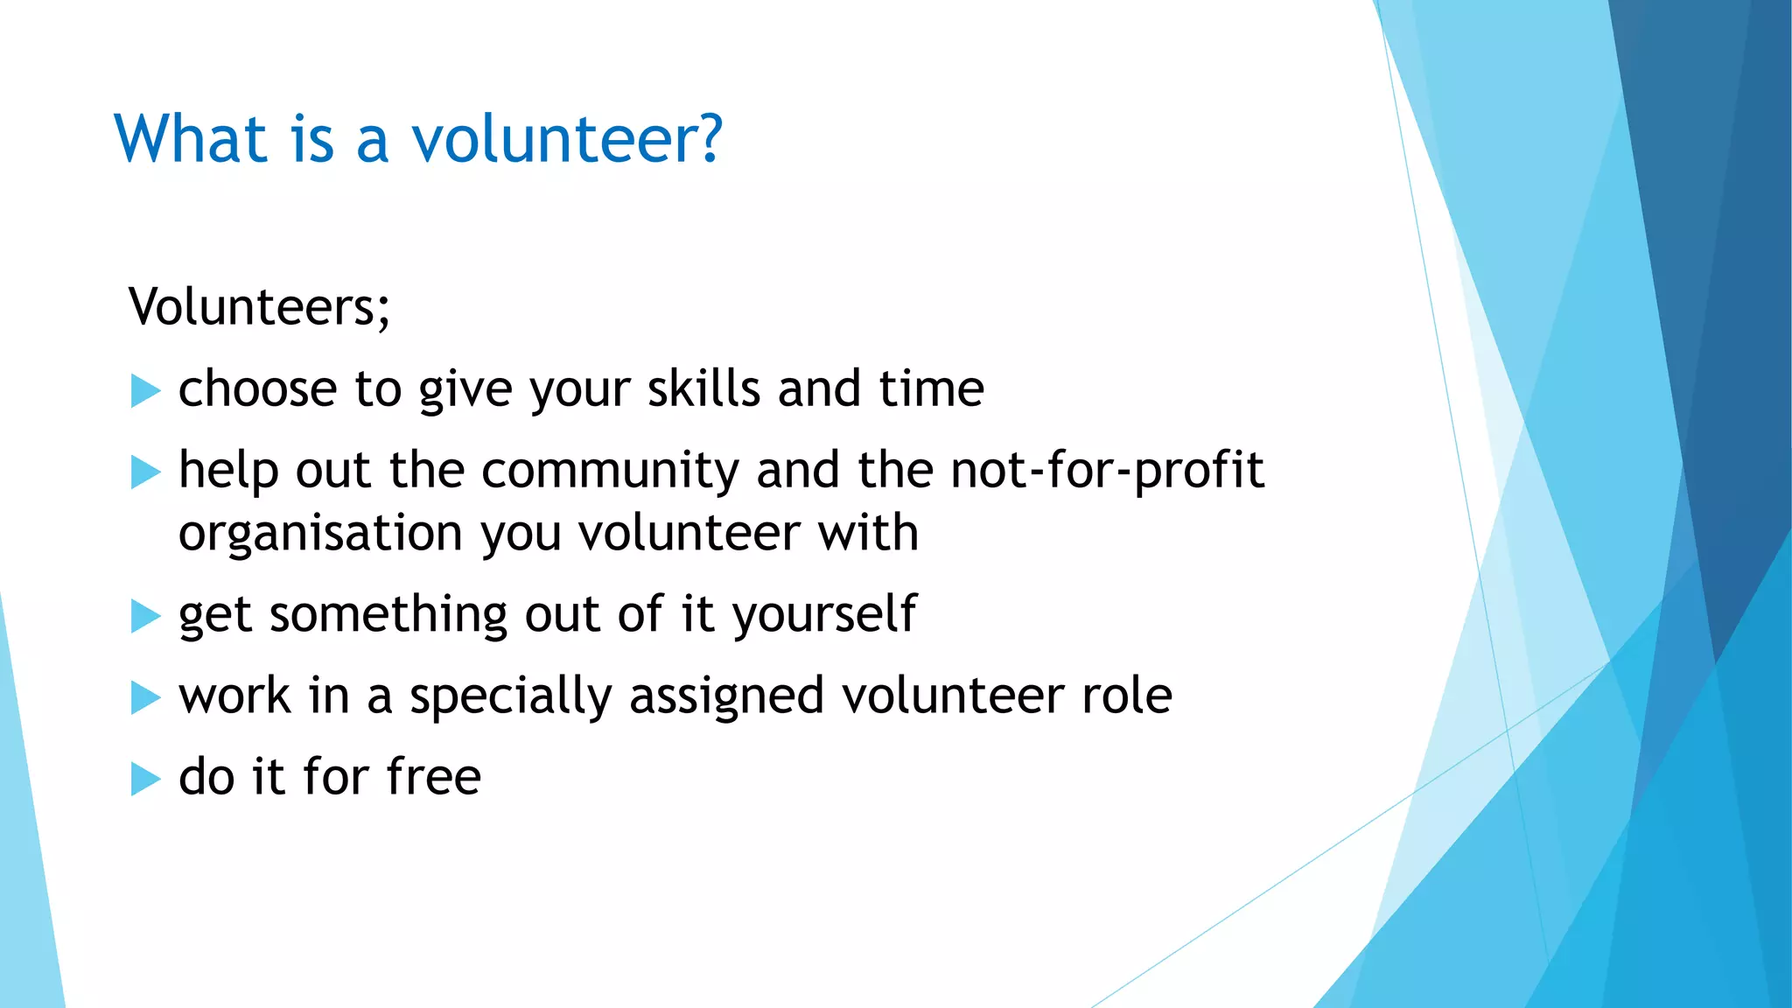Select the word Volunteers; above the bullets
[x=259, y=306]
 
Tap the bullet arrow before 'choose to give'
[x=145, y=390]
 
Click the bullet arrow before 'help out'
[x=145, y=472]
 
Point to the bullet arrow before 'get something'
[x=145, y=616]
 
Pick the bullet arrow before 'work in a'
[x=145, y=697]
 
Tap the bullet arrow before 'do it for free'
[x=145, y=779]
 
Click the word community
[x=611, y=470]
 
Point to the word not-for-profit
[x=1107, y=470]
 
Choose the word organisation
[x=320, y=534]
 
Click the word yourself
[x=824, y=614]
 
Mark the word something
[x=388, y=614]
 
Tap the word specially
[x=511, y=697]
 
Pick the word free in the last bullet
[x=434, y=776]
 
